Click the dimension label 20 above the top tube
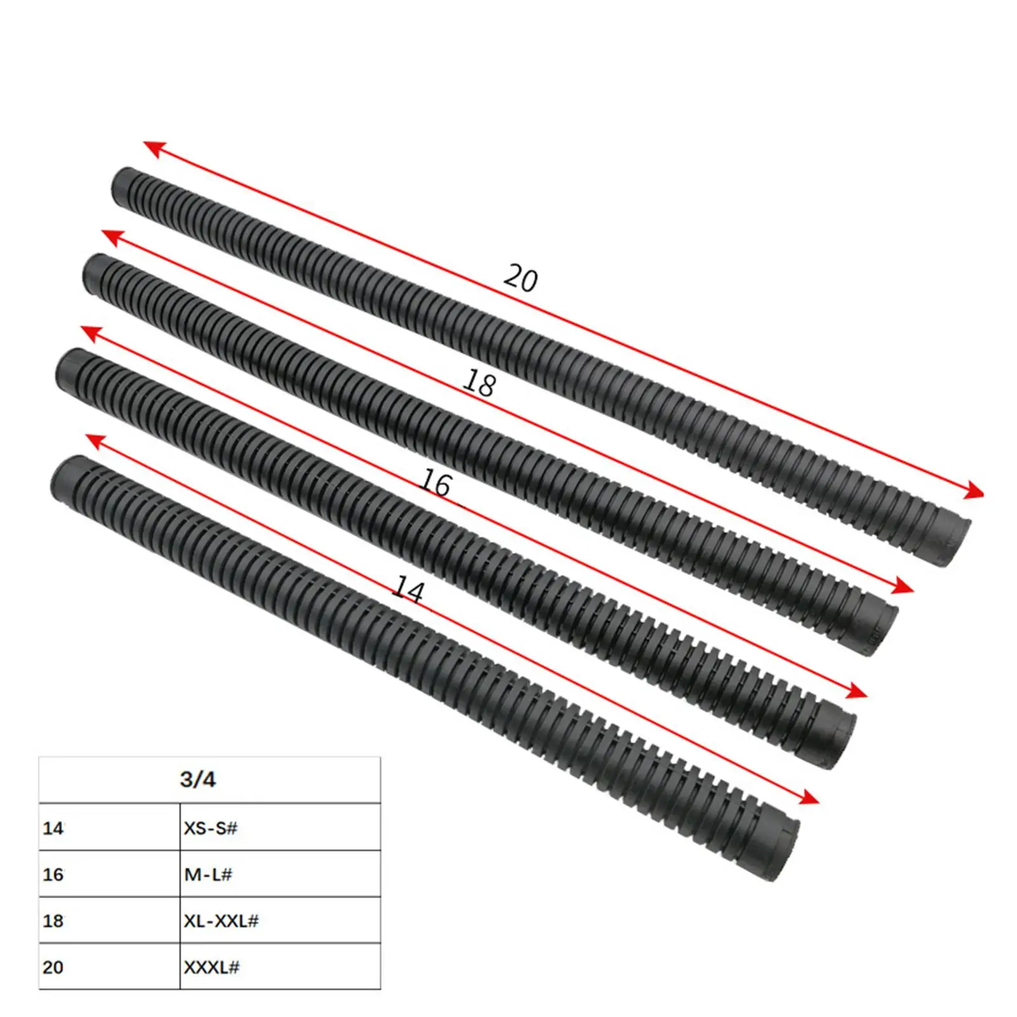521,278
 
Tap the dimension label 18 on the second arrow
479,383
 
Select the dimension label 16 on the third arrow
436,484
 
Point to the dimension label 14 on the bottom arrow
408,590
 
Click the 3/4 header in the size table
198,779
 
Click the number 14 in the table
53,828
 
